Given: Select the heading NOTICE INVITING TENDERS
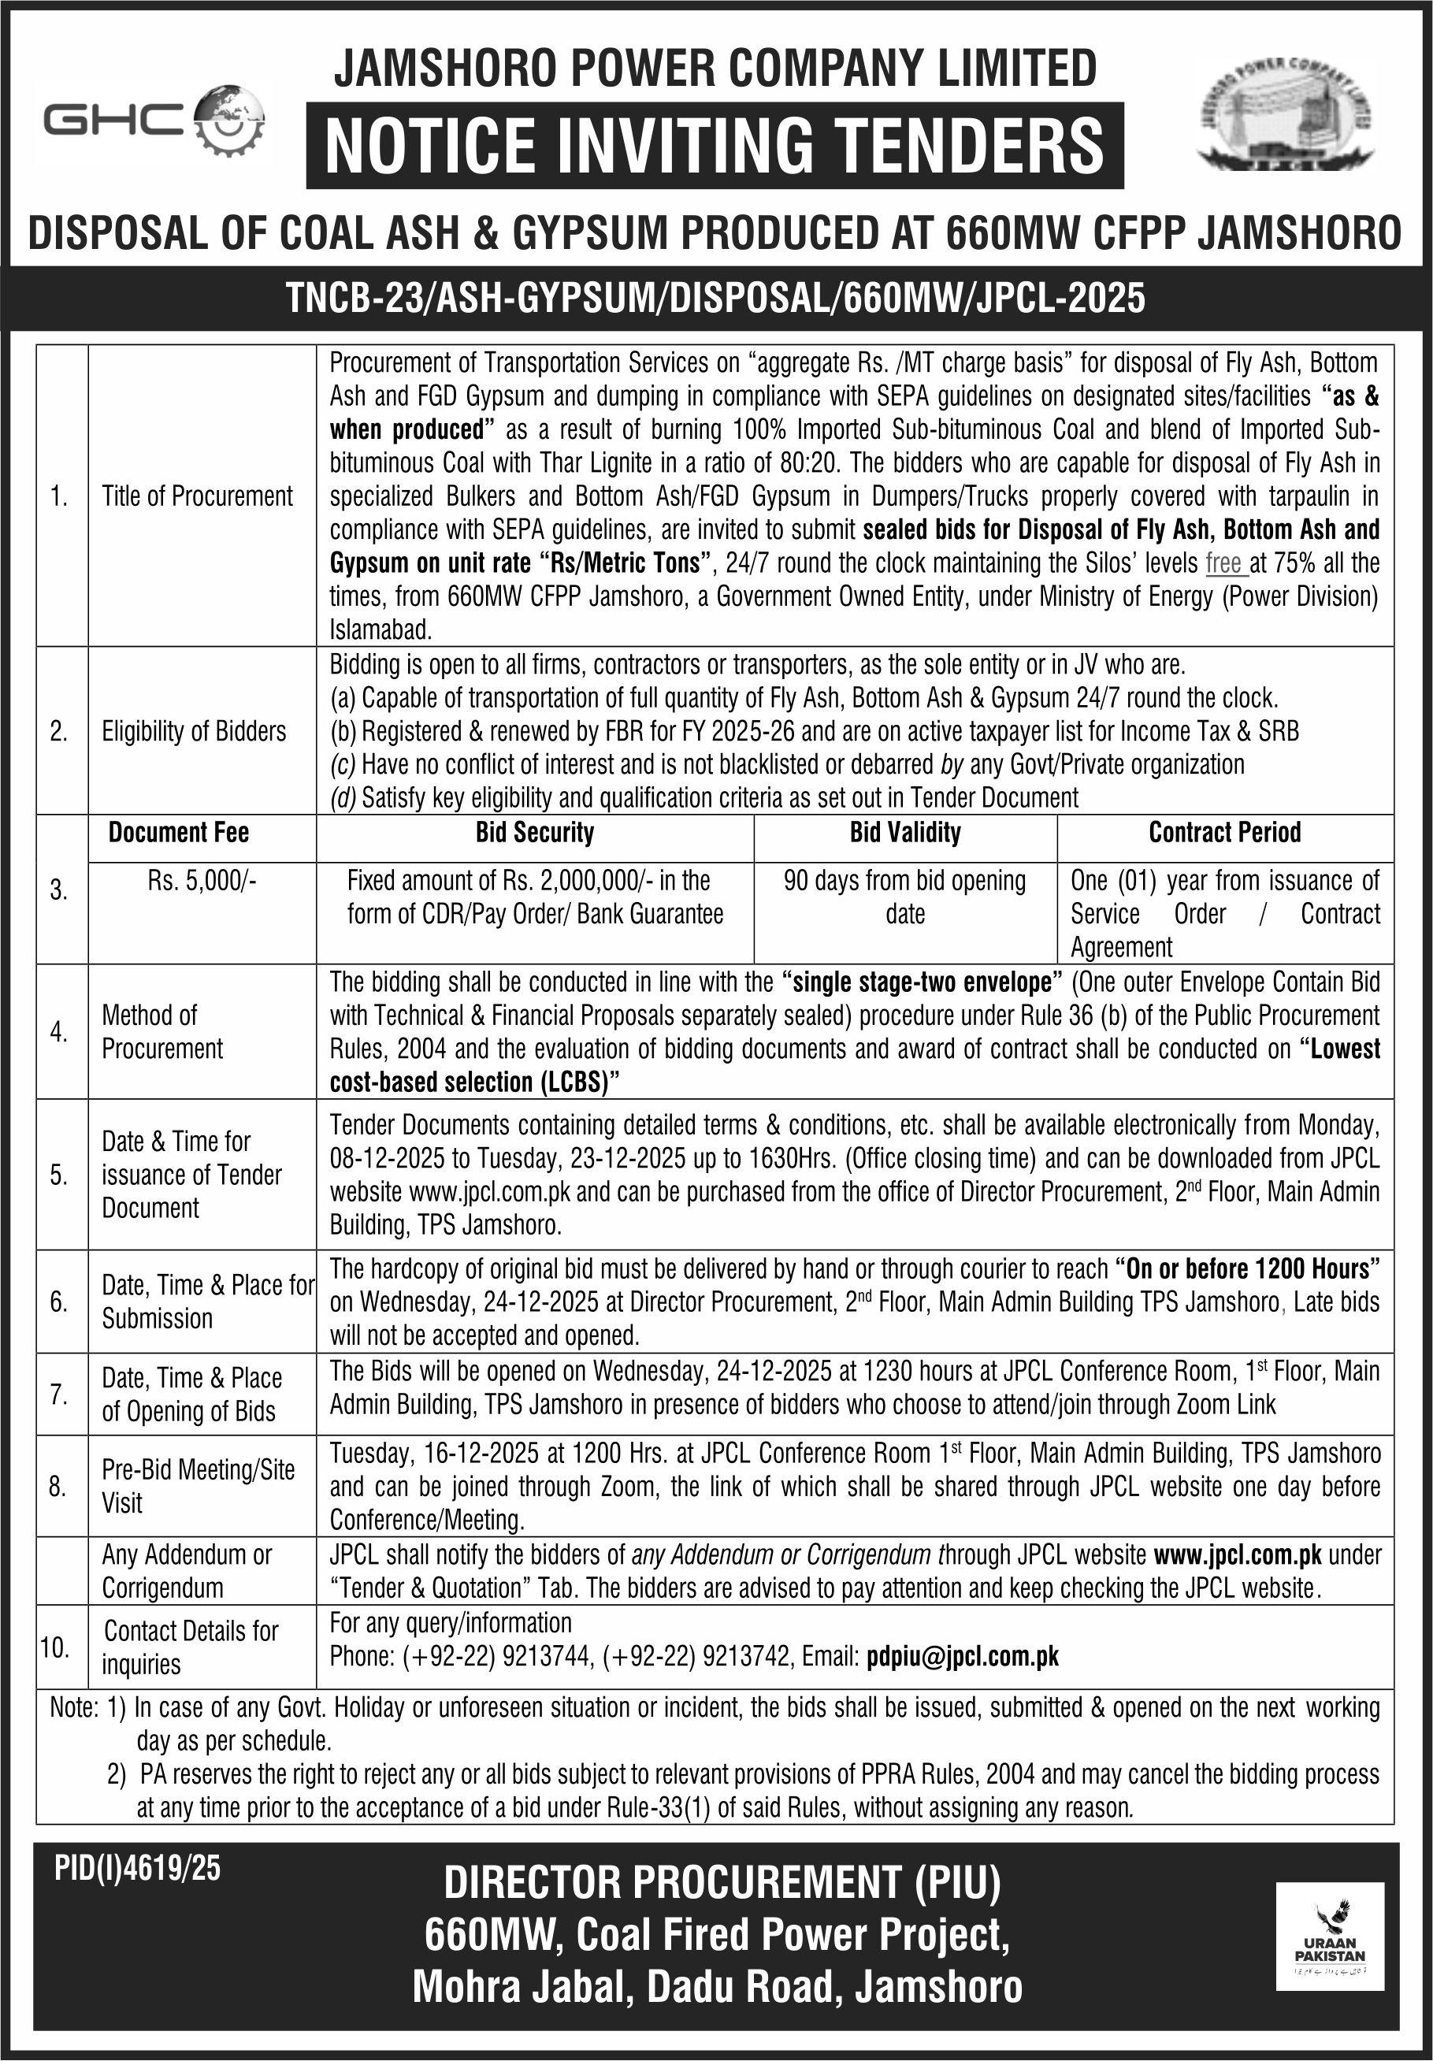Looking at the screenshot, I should pyautogui.click(x=715, y=146).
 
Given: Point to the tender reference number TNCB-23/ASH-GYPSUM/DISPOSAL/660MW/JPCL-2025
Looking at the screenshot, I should pyautogui.click(x=715, y=297).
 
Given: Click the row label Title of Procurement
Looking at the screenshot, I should pyautogui.click(x=198, y=496).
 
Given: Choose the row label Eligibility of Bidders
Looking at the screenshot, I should pyautogui.click(x=194, y=732).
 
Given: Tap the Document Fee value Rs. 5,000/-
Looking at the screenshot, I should pyautogui.click(x=202, y=881).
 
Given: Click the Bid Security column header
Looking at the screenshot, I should pyautogui.click(x=534, y=833).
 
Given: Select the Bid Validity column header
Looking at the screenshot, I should pyautogui.click(x=905, y=833).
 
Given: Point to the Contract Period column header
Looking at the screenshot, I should pyautogui.click(x=1225, y=833).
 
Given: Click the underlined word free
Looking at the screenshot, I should pyautogui.click(x=1223, y=564).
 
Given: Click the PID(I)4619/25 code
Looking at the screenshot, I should pyautogui.click(x=136, y=1870).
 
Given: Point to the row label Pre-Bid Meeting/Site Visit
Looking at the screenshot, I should pyautogui.click(x=198, y=1486).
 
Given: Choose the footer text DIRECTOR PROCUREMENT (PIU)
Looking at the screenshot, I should pyautogui.click(x=722, y=1886).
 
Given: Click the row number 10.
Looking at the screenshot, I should pyautogui.click(x=55, y=1647).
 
